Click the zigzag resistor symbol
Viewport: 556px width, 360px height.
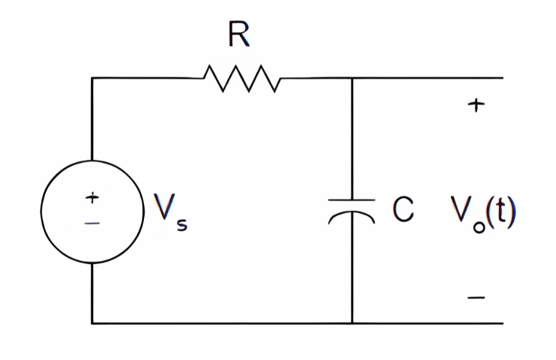pyautogui.click(x=242, y=78)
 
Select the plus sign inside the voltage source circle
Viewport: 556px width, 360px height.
pyautogui.click(x=92, y=198)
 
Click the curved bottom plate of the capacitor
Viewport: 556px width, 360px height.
pyautogui.click(x=351, y=216)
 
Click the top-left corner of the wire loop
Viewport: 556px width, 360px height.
pyautogui.click(x=92, y=78)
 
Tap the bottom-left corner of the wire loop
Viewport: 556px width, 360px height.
pyautogui.click(x=92, y=323)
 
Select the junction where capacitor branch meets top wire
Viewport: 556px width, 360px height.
pyautogui.click(x=351, y=78)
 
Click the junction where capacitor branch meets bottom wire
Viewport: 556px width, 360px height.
pyautogui.click(x=351, y=323)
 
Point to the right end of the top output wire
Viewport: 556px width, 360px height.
pyautogui.click(x=503, y=78)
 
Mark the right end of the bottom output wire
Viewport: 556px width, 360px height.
pyautogui.click(x=503, y=323)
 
